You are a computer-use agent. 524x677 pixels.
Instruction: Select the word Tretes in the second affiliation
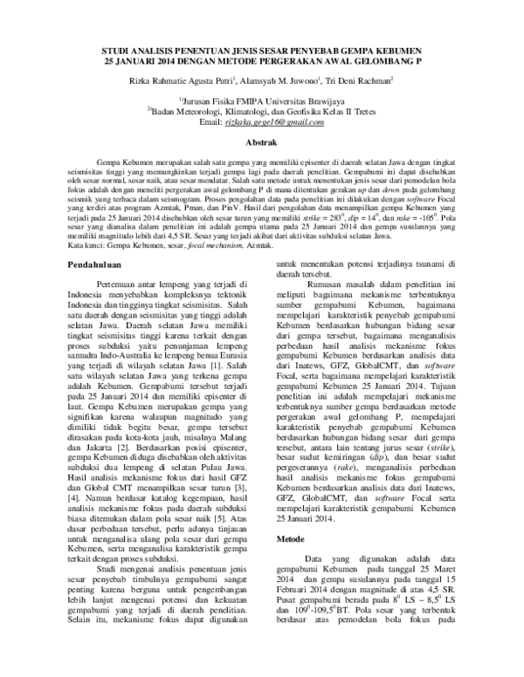(x=367, y=112)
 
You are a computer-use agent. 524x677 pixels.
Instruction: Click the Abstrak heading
(x=263, y=140)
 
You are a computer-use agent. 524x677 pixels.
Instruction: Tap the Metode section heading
(x=290, y=540)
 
